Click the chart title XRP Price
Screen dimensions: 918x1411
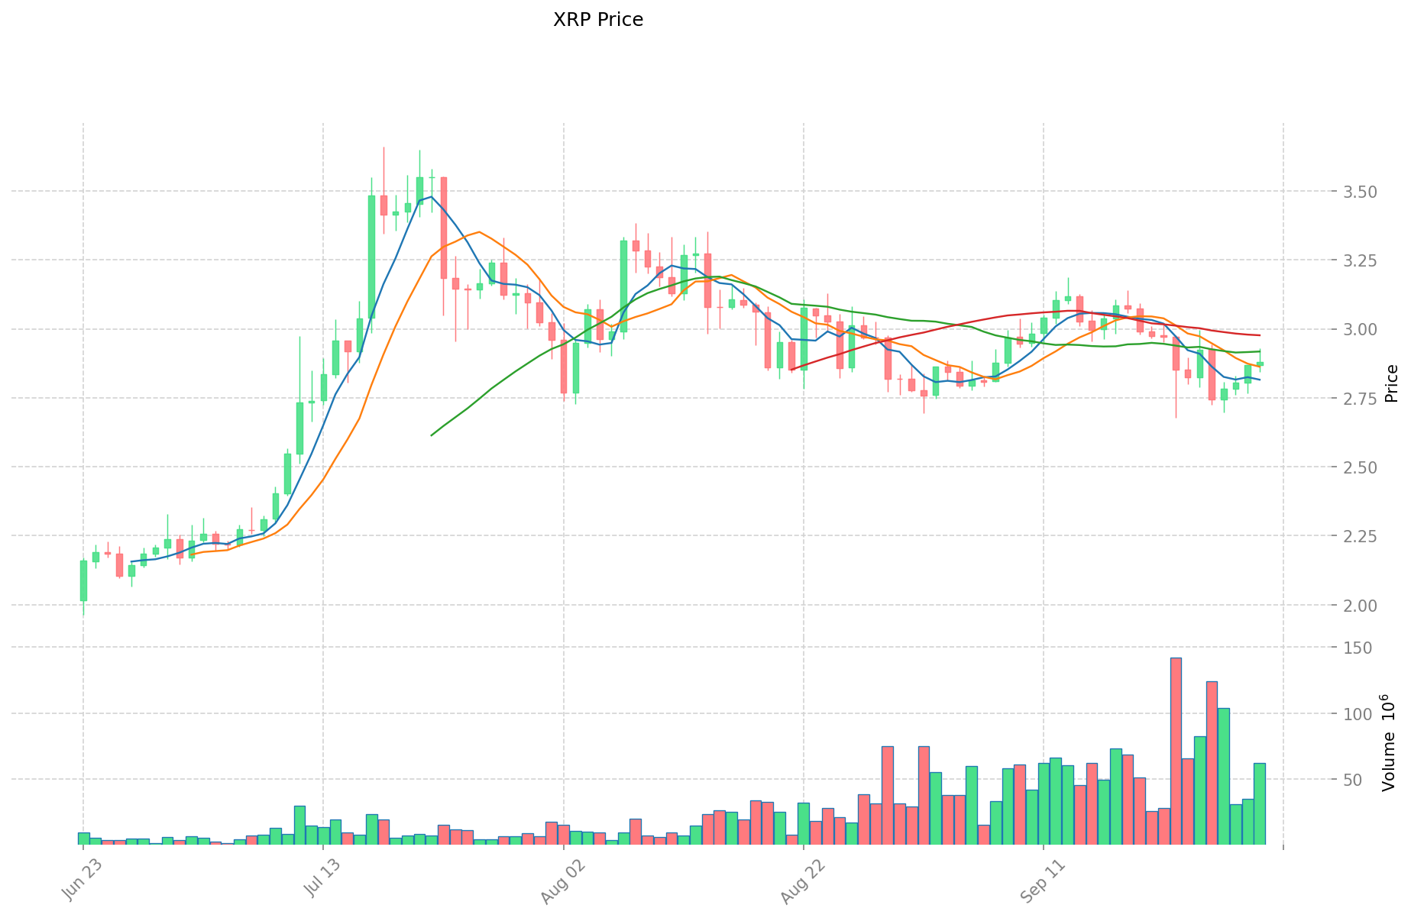[x=597, y=20]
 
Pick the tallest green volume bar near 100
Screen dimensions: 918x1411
[x=1224, y=775]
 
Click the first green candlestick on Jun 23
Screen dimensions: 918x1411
[x=83, y=580]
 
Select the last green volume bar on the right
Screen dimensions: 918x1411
[x=1260, y=803]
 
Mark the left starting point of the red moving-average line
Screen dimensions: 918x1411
[x=791, y=370]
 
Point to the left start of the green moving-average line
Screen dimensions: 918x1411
[x=432, y=435]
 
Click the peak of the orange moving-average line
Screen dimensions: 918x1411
[x=479, y=231]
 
